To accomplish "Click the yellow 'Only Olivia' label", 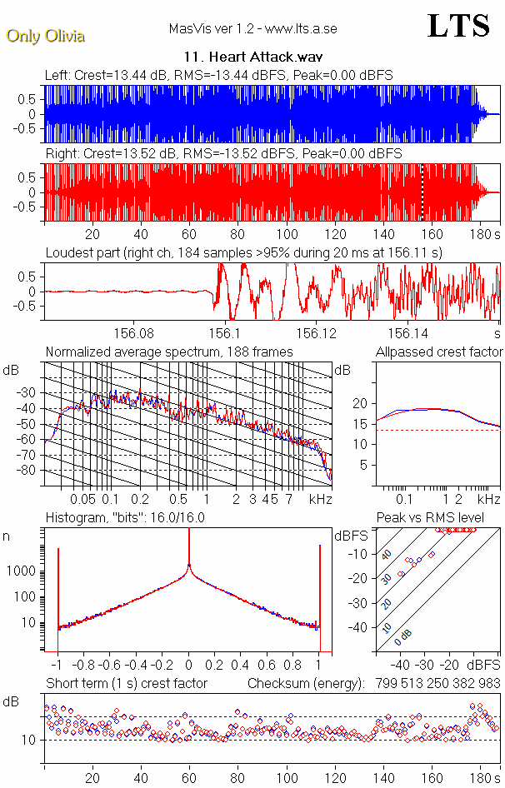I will pos(46,36).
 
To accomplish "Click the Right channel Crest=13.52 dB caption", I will pos(223,154).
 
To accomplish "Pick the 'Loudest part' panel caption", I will pos(244,252).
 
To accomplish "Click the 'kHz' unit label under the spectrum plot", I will pos(321,499).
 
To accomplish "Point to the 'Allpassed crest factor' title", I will pos(439,352).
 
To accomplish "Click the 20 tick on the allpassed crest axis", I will pos(360,404).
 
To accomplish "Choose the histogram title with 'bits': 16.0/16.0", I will pos(125,518).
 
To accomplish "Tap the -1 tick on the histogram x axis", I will pos(56,666).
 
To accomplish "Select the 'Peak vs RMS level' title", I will pos(430,518).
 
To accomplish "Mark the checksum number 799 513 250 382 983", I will pos(434,684).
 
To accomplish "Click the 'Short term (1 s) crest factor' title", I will pos(126,684).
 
